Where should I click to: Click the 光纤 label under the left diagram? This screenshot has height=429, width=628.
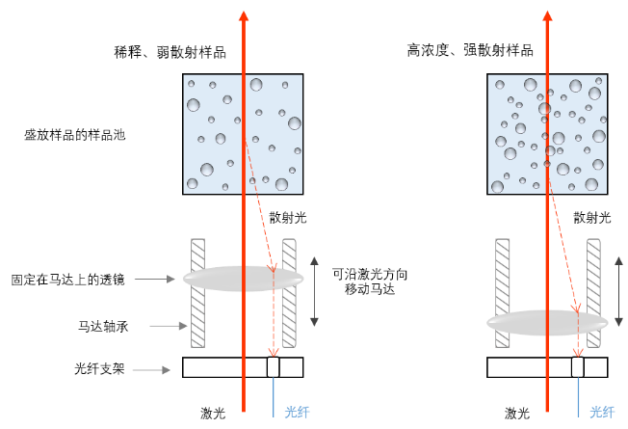point(297,412)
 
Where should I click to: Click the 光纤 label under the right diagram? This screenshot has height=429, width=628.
point(602,412)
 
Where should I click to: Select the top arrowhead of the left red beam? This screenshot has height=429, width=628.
point(243,14)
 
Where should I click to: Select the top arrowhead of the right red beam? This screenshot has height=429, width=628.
point(547,14)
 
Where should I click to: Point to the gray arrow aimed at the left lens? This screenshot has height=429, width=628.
point(154,280)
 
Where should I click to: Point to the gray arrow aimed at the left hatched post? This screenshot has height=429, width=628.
point(169,326)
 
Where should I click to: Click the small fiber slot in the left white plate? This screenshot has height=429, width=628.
point(274,367)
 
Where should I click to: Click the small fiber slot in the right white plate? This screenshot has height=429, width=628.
point(578,367)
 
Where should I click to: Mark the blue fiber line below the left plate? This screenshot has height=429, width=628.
point(274,395)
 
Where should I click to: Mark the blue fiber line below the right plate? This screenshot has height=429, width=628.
point(578,395)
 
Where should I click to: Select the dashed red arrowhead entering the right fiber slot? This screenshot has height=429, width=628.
point(578,353)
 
